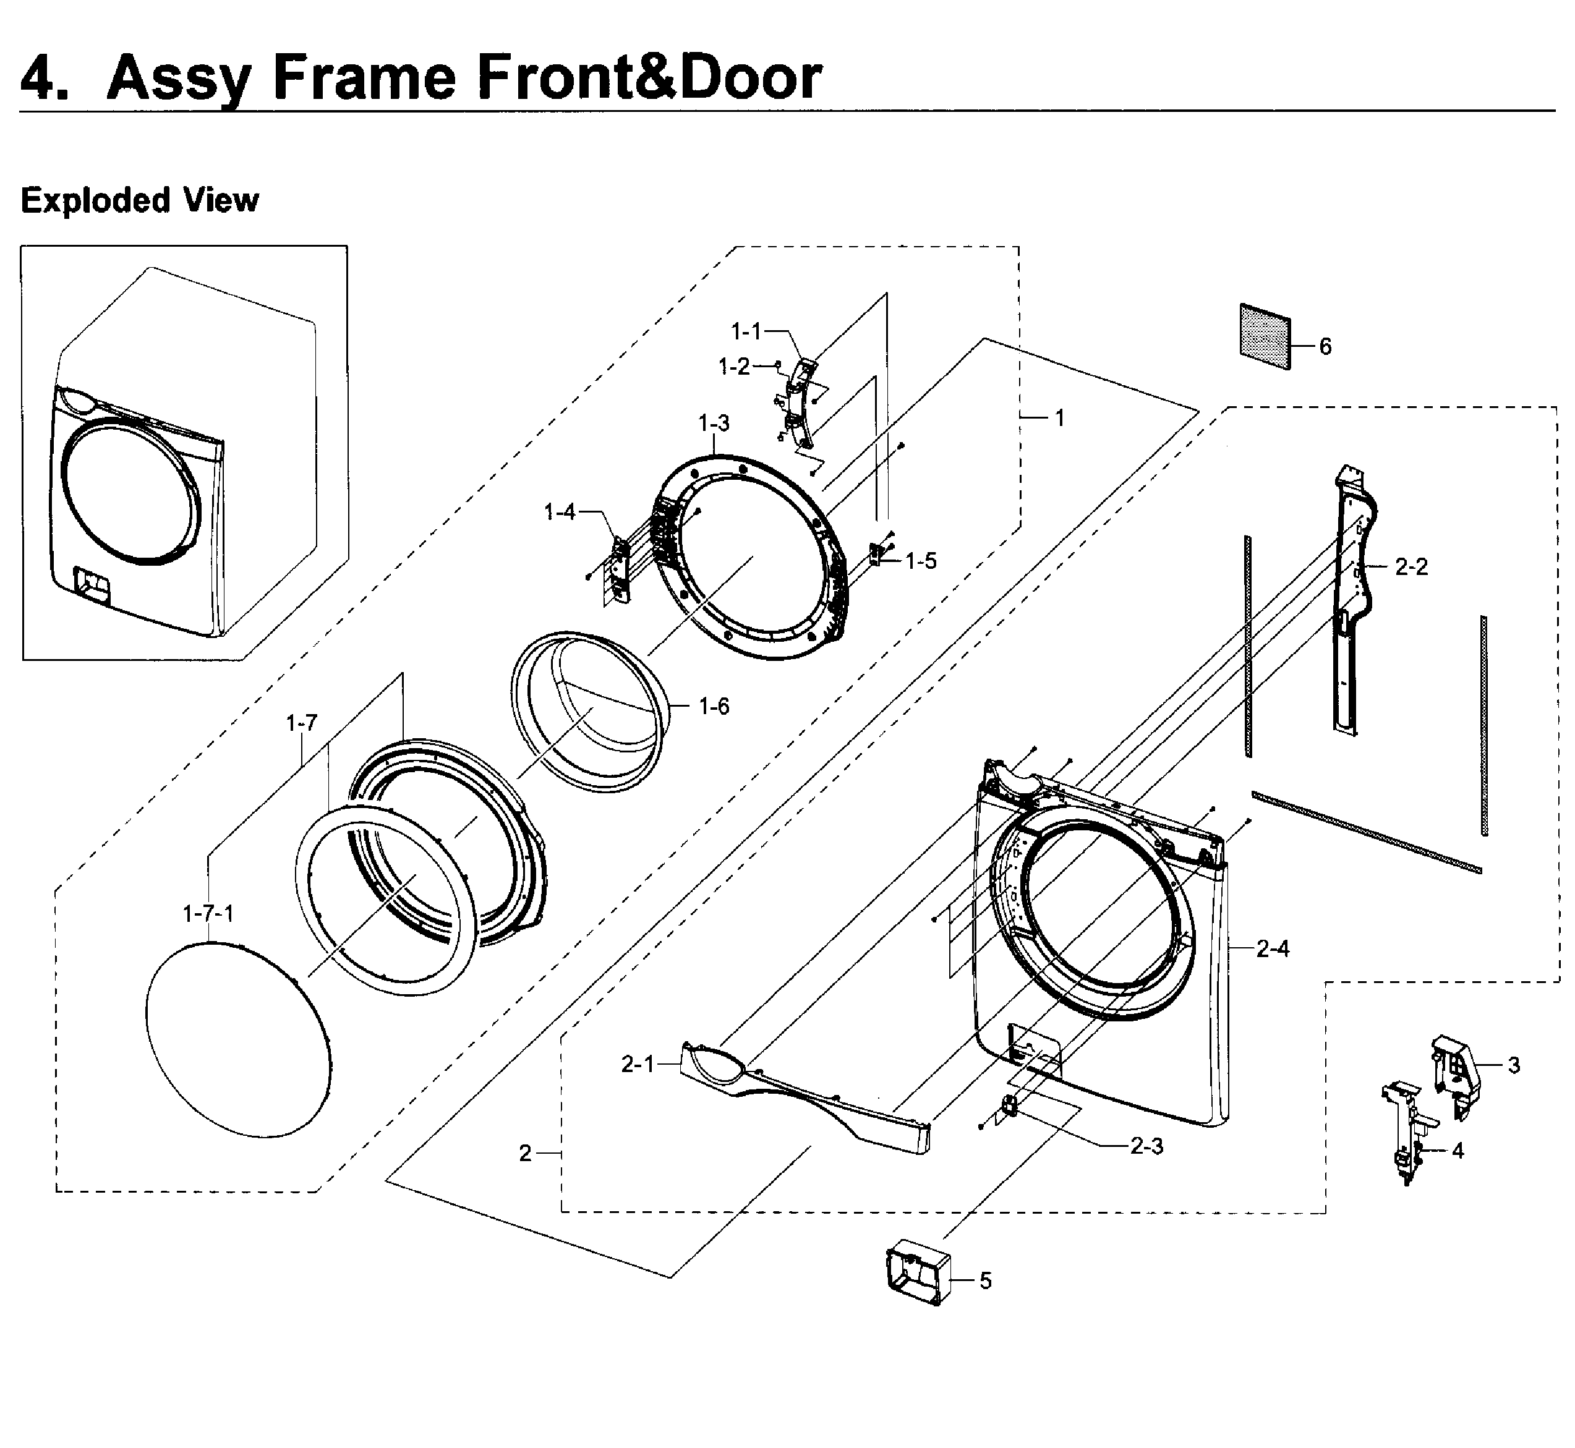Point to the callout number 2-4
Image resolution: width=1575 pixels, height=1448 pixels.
click(x=1273, y=949)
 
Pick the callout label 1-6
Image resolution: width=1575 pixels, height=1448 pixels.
click(x=714, y=707)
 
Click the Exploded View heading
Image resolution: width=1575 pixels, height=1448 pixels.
click(x=140, y=200)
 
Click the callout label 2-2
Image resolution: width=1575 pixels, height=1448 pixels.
click(x=1411, y=566)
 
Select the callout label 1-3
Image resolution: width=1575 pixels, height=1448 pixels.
click(x=714, y=423)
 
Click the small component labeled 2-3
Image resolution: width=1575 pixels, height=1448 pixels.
click(x=1009, y=1105)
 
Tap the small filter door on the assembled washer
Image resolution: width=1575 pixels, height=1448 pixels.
click(x=90, y=584)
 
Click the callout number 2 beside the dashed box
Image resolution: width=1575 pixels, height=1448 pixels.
click(x=525, y=1153)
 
